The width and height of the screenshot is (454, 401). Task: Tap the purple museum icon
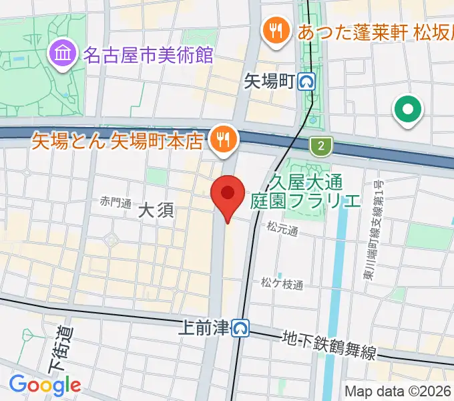[64, 53]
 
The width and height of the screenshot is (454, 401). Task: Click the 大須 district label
[156, 211]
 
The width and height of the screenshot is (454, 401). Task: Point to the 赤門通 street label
[116, 200]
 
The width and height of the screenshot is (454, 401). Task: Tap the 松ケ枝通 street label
[282, 284]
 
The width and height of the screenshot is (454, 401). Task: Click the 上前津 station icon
[240, 328]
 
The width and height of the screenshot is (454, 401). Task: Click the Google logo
[44, 385]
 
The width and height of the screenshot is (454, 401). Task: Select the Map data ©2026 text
[398, 391]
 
